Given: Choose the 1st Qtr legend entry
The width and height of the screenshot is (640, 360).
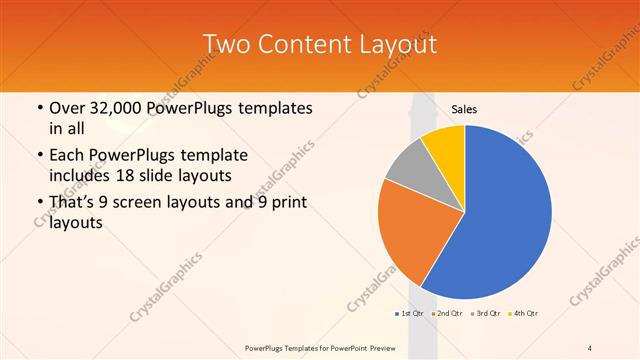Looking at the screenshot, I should tap(409, 314).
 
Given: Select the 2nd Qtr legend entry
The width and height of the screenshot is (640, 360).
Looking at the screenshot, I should tap(446, 314).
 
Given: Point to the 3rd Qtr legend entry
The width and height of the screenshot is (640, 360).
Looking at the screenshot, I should tap(486, 314).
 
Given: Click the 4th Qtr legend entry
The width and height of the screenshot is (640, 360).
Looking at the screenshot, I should tap(524, 314).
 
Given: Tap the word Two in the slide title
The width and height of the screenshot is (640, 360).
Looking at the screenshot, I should tap(225, 44).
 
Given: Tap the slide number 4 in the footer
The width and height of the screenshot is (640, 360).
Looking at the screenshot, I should tap(591, 348).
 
